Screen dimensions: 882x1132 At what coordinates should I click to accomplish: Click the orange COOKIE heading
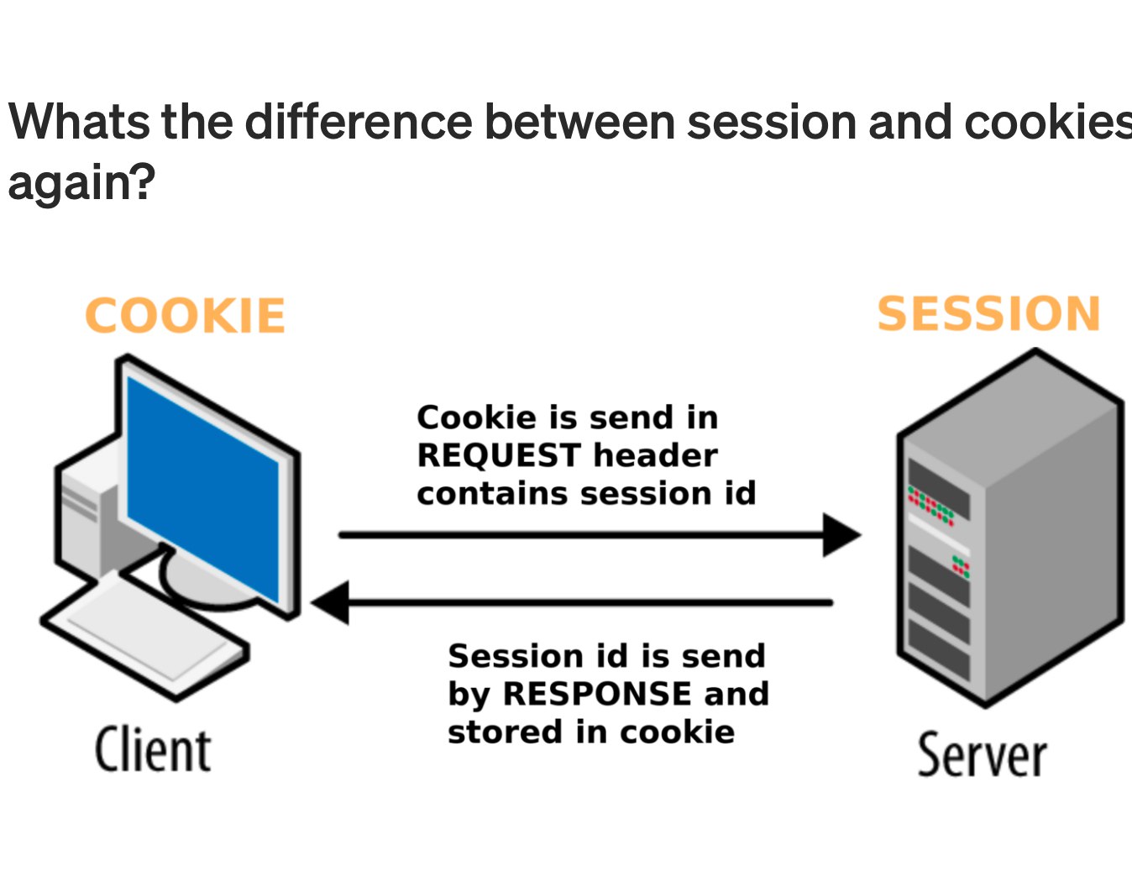click(186, 317)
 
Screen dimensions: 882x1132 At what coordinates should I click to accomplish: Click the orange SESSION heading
click(988, 314)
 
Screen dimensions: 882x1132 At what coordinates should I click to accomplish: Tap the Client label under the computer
click(152, 750)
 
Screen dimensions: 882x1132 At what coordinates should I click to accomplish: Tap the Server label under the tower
click(982, 755)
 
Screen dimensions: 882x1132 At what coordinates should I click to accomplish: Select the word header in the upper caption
click(655, 455)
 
